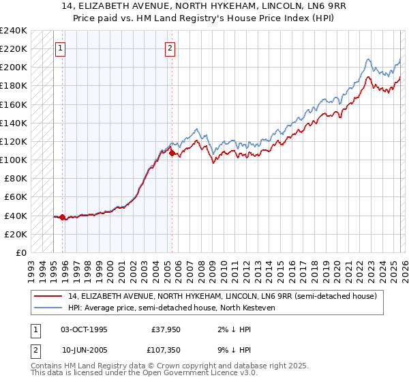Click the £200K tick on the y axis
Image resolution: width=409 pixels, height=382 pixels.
click(x=13, y=68)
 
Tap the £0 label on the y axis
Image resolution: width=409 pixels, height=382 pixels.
click(x=20, y=252)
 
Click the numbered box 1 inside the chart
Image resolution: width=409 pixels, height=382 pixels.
click(x=61, y=48)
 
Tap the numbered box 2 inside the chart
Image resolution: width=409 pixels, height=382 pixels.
click(x=169, y=48)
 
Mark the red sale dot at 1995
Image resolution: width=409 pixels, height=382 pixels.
click(x=62, y=218)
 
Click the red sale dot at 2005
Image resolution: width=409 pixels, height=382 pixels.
click(x=171, y=153)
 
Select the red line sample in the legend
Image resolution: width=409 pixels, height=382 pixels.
click(x=49, y=296)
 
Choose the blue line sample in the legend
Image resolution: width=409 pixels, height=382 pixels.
click(x=49, y=308)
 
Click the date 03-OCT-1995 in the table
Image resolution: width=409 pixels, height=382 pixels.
click(x=84, y=329)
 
